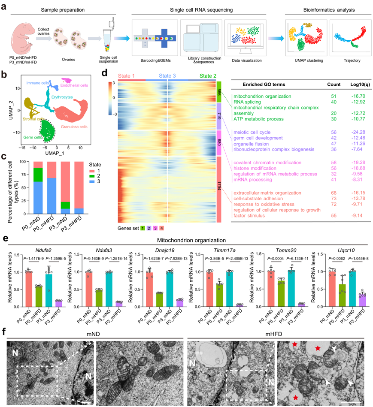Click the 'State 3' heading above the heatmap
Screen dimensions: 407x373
[170, 76]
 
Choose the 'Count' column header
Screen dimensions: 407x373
[333, 84]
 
